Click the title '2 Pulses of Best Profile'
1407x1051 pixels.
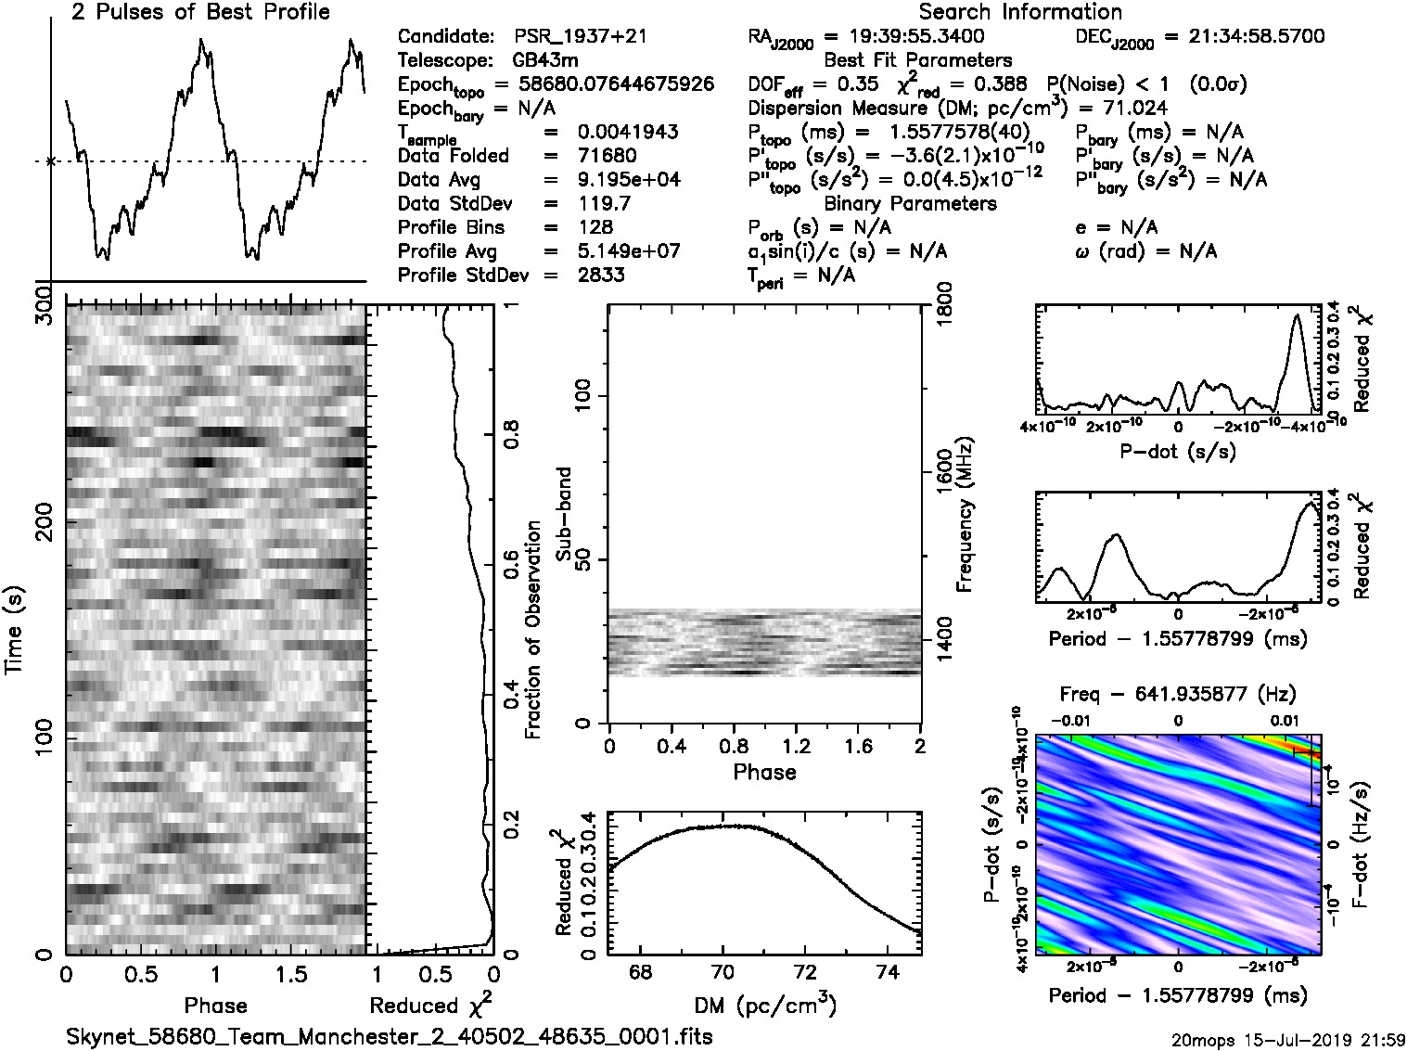pos(200,13)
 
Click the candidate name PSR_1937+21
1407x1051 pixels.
pos(581,37)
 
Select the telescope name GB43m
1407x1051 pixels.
pos(545,61)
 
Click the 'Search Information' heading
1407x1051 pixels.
pos(1020,13)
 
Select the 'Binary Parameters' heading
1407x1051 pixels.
pos(910,203)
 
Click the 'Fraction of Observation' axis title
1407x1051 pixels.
pos(532,630)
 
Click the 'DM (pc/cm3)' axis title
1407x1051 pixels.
pos(765,1005)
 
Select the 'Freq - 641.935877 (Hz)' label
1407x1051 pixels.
pos(1177,694)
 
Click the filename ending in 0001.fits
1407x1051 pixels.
pos(390,1036)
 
